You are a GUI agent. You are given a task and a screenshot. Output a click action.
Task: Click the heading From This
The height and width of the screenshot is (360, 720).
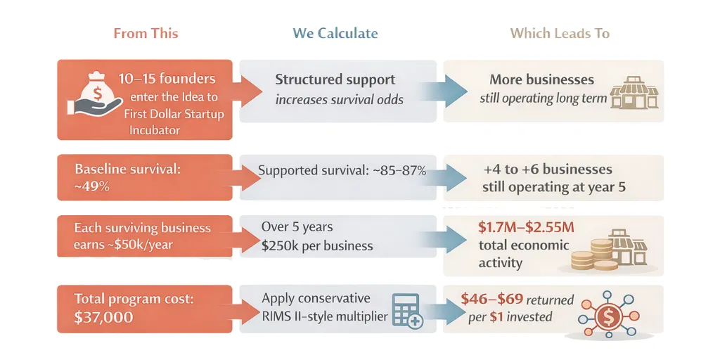[x=146, y=33]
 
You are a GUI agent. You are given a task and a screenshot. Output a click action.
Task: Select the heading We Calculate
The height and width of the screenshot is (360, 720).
[x=335, y=33]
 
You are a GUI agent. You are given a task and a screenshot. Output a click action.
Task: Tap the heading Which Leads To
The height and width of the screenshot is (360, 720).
[x=560, y=33]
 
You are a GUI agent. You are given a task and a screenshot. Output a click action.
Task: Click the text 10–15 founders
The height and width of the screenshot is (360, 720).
[x=167, y=79]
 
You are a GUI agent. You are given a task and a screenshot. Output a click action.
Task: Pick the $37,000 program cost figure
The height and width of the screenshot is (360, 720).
[x=103, y=317]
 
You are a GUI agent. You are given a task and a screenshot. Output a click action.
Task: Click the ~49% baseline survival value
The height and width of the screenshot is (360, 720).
[x=91, y=188]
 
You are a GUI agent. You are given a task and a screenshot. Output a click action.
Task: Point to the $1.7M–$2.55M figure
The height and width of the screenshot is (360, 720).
[x=526, y=227]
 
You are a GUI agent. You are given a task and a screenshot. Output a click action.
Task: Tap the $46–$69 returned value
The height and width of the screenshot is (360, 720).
[x=492, y=299]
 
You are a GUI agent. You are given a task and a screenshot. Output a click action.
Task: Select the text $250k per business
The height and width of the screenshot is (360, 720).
[x=317, y=246]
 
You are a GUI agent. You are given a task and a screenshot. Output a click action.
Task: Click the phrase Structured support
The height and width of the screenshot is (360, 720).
[x=335, y=79]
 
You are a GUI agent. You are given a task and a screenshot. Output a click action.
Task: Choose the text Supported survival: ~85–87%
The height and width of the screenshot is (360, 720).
[x=342, y=170]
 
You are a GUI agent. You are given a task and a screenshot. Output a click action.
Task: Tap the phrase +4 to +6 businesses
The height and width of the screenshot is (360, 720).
[x=548, y=169]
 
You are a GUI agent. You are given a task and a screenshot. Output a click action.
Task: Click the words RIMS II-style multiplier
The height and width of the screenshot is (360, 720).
[x=325, y=316]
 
